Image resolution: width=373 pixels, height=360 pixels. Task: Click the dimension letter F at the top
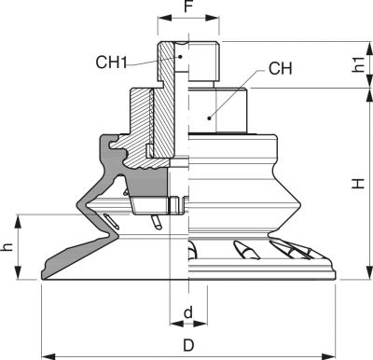pyautogui.click(x=188, y=6)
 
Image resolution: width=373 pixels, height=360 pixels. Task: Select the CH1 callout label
pyautogui.click(x=111, y=62)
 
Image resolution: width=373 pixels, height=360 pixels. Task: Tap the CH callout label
pyautogui.click(x=281, y=68)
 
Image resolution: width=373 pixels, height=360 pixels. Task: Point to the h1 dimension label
pyautogui.click(x=359, y=64)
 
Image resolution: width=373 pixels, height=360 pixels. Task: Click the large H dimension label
pyautogui.click(x=358, y=184)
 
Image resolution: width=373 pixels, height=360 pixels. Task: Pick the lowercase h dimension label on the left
pyautogui.click(x=7, y=247)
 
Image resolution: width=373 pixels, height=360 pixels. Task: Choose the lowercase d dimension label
pyautogui.click(x=188, y=312)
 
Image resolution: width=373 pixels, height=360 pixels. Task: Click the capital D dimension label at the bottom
pyautogui.click(x=188, y=345)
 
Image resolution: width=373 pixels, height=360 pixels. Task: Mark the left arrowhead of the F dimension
pyautogui.click(x=164, y=18)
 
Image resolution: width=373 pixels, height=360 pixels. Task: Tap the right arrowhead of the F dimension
pyautogui.click(x=213, y=18)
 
